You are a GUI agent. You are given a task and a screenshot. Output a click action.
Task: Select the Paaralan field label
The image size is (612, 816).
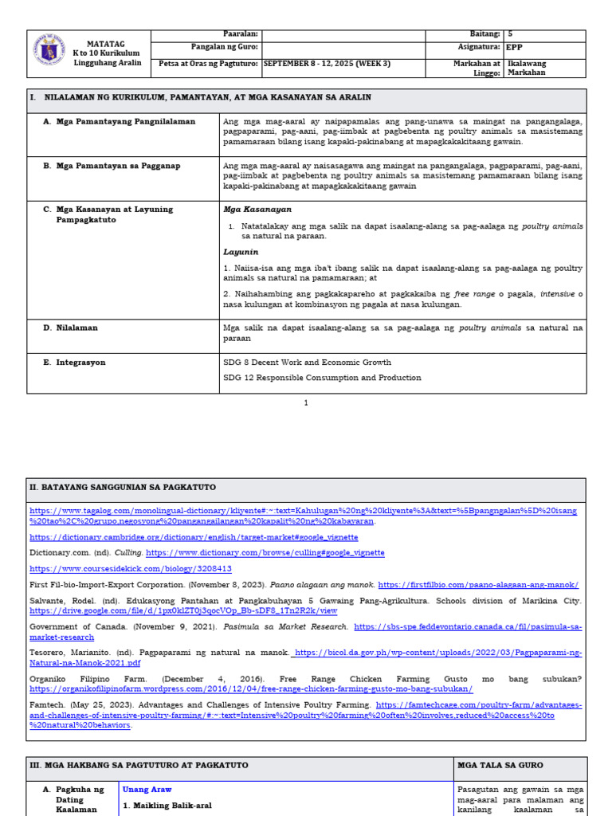(x=240, y=34)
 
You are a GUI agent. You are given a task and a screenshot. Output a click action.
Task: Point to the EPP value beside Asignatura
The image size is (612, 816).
(x=514, y=47)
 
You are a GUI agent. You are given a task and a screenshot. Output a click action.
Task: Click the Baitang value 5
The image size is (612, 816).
(x=510, y=34)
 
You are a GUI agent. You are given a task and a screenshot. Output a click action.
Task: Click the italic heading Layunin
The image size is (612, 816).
(x=240, y=251)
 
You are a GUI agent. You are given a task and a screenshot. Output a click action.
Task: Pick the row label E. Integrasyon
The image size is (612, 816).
(x=80, y=363)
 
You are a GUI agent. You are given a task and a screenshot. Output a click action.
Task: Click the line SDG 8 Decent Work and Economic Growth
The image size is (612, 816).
(x=307, y=362)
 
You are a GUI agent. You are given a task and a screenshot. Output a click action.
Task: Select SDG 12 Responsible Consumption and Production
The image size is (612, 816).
(x=322, y=378)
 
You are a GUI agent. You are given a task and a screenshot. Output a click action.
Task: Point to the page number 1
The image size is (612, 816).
(x=306, y=403)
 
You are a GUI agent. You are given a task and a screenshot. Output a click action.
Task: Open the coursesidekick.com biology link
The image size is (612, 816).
(x=131, y=569)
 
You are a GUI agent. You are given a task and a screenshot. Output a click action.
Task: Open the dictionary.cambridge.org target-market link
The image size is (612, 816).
(x=194, y=537)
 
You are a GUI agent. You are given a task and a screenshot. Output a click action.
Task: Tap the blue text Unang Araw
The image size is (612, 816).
(x=147, y=789)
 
